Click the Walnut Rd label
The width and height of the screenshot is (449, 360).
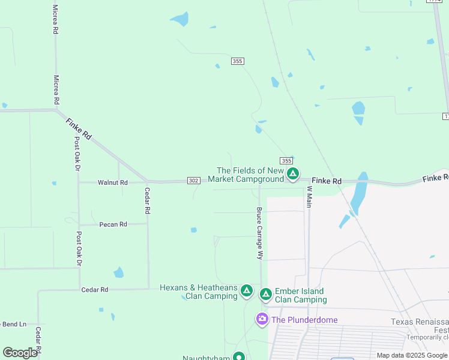tap(113, 182)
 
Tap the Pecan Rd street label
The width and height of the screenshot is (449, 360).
tap(113, 224)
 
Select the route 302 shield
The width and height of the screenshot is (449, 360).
tap(193, 181)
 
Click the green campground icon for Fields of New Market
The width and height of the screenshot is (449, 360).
tap(293, 174)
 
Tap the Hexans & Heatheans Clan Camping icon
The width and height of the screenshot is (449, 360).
tap(246, 291)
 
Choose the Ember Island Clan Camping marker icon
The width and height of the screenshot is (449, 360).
tap(265, 294)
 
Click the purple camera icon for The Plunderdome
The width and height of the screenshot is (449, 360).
tap(262, 319)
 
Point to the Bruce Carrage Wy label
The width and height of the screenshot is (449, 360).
tap(260, 233)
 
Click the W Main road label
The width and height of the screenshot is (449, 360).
tap(310, 197)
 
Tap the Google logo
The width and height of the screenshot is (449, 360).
tap(20, 353)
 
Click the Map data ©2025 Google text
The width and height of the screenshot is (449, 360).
tap(412, 355)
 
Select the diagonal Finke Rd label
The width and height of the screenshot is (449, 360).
tap(79, 128)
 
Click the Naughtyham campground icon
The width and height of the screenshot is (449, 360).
tap(239, 357)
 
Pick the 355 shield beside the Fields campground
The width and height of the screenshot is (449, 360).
tap(286, 160)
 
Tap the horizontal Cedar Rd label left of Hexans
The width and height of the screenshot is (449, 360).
tap(95, 290)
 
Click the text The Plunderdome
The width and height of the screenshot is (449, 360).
tap(304, 320)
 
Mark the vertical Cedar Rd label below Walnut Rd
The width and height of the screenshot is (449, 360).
tap(147, 201)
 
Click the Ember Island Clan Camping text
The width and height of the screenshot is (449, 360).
tap(300, 295)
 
